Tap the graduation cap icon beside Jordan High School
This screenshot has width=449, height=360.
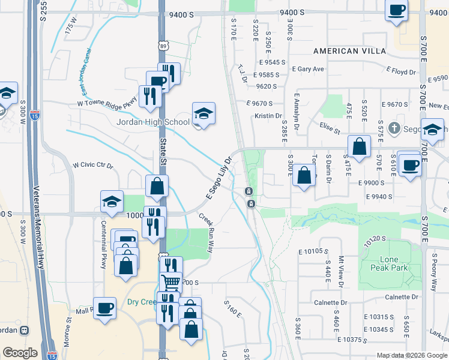click(203, 113)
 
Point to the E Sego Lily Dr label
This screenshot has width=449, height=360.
click(218, 179)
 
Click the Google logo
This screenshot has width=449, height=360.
click(20, 353)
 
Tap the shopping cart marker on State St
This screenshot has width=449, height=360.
click(171, 281)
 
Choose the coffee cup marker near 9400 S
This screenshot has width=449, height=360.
click(397, 10)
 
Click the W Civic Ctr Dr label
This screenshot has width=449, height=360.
click(92, 165)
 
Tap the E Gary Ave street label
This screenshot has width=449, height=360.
click(308, 69)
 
